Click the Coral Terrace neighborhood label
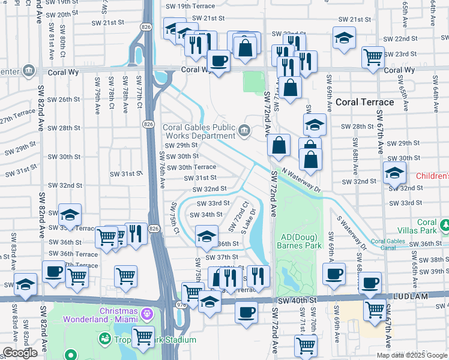(x=364, y=102)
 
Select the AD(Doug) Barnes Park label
(x=300, y=241)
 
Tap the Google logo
(x=20, y=353)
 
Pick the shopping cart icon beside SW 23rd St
(x=373, y=58)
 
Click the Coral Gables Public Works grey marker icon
(x=244, y=130)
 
